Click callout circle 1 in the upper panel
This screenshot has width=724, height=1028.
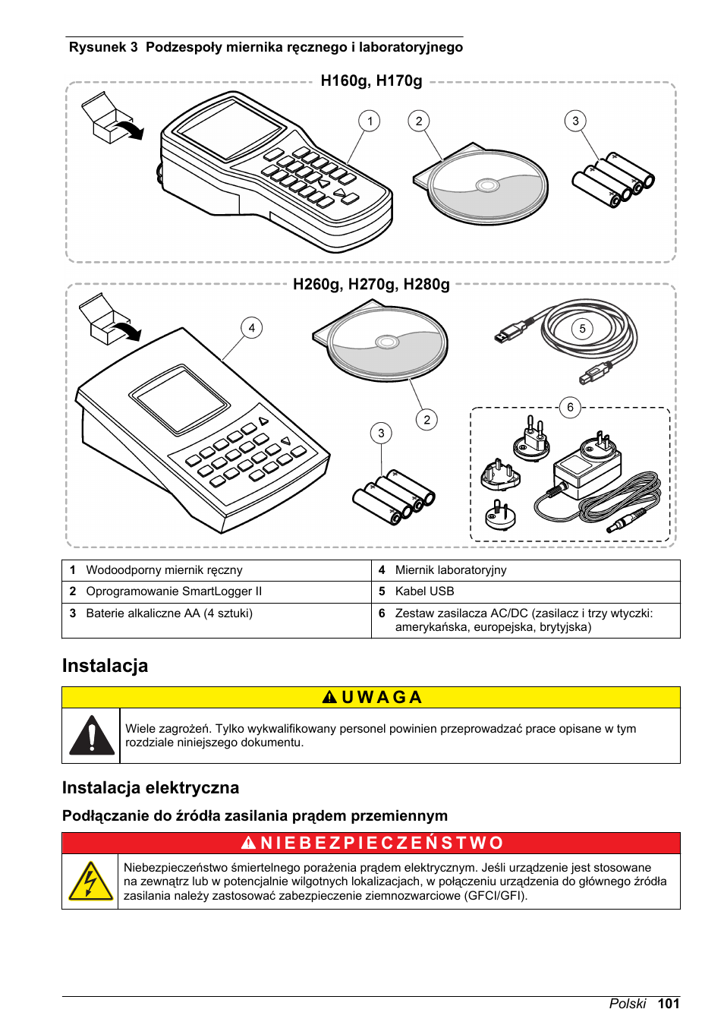click(370, 121)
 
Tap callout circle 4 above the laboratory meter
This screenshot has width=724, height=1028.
click(251, 328)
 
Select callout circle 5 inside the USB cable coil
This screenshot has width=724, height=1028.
click(582, 329)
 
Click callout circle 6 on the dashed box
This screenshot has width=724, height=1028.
click(570, 407)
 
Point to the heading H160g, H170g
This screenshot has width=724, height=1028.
click(371, 81)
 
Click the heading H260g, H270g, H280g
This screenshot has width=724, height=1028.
click(371, 285)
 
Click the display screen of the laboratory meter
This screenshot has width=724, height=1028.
click(180, 399)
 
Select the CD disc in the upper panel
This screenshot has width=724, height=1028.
click(488, 186)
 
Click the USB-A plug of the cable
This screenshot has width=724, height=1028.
click(509, 333)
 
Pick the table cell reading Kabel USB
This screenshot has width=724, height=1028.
click(424, 591)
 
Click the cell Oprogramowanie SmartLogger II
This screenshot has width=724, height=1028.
click(174, 591)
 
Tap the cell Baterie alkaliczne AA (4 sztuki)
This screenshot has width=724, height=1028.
click(169, 613)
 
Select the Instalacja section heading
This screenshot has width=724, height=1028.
click(105, 666)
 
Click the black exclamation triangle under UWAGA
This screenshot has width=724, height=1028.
click(92, 736)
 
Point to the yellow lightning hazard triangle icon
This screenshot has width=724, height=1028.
click(90, 882)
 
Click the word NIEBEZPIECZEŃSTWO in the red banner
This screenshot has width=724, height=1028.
click(382, 844)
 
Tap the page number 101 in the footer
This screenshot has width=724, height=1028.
click(669, 1004)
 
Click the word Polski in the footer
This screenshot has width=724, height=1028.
click(627, 1004)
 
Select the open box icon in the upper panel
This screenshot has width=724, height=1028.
click(107, 118)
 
